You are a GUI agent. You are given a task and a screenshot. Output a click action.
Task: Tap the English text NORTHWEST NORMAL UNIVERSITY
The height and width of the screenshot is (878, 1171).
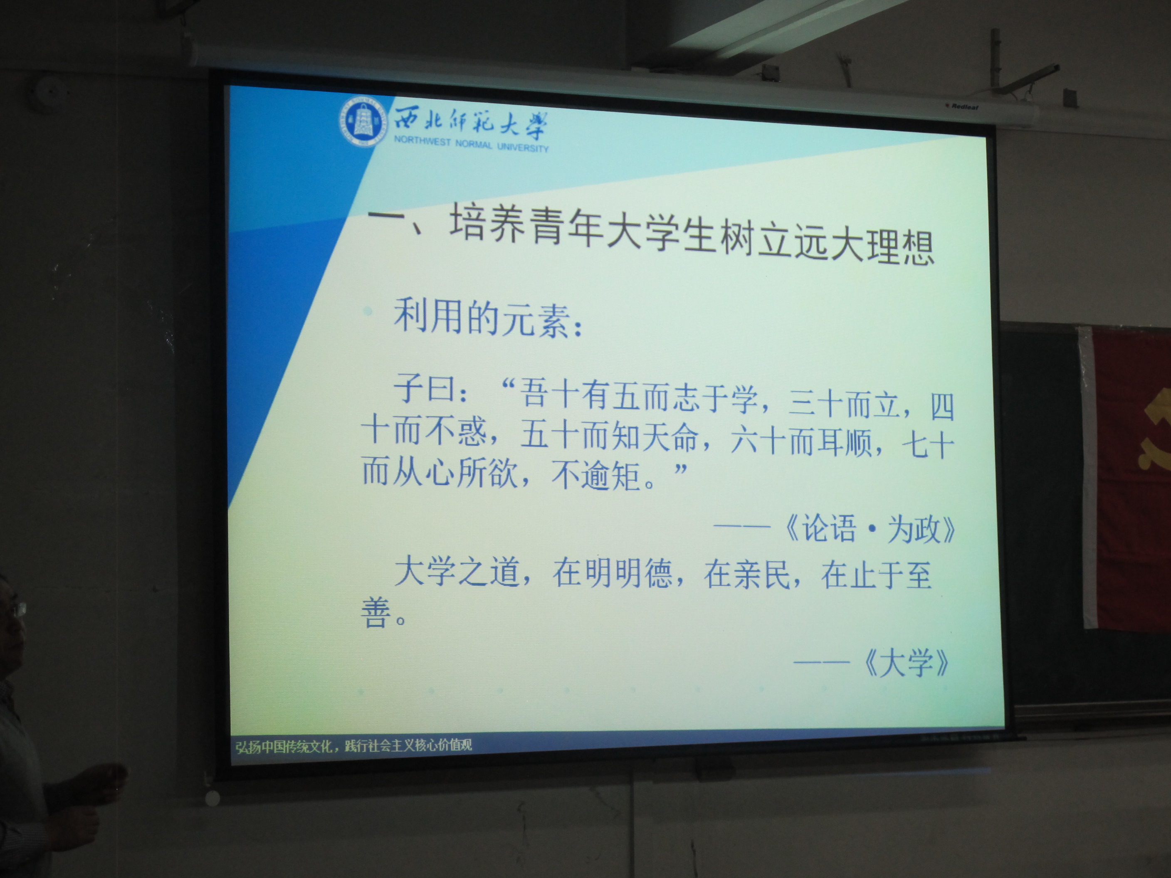(x=471, y=144)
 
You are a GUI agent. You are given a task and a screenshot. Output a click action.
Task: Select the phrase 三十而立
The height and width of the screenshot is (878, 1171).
(x=845, y=404)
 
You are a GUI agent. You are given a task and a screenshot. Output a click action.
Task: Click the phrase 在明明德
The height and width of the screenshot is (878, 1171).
(x=613, y=573)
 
